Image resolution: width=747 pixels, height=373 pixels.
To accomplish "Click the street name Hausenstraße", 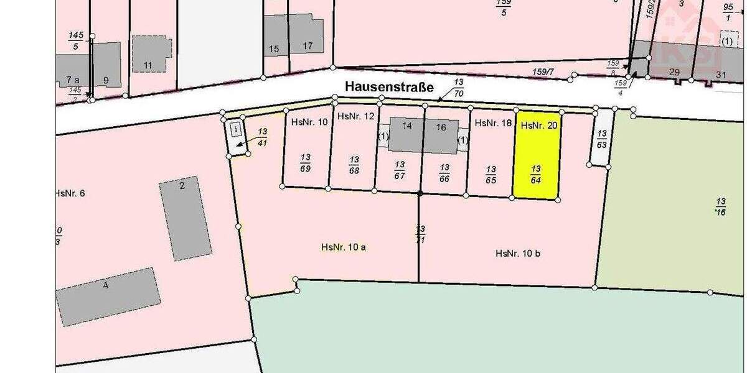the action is pyautogui.click(x=390, y=88).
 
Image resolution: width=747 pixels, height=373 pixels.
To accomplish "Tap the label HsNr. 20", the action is pyautogui.click(x=538, y=126).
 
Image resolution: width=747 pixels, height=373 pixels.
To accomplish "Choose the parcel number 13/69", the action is pyautogui.click(x=305, y=162).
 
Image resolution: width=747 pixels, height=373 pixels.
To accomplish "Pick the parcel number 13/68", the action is pyautogui.click(x=354, y=164).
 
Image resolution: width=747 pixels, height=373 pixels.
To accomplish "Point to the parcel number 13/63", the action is pyautogui.click(x=601, y=139).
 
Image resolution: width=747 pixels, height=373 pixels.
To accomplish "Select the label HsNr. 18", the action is pyautogui.click(x=493, y=123).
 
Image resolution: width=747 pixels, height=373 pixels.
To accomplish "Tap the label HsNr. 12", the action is pyautogui.click(x=356, y=116).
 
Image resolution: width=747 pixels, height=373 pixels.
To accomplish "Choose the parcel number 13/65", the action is pyautogui.click(x=491, y=174).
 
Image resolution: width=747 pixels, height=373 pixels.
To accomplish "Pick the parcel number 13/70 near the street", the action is pyautogui.click(x=459, y=88).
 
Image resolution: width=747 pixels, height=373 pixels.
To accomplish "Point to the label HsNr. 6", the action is pyautogui.click(x=70, y=193).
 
